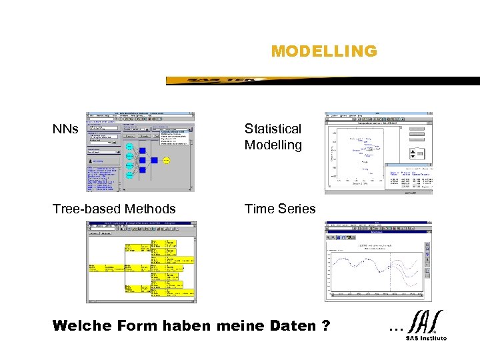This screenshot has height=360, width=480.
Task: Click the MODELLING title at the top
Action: pyautogui.click(x=324, y=51)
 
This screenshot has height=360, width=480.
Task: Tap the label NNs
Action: pyautogui.click(x=65, y=129)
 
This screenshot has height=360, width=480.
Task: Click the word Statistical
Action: pyautogui.click(x=273, y=129)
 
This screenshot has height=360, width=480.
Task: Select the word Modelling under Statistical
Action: pyautogui.click(x=273, y=145)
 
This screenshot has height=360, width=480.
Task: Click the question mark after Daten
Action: pyautogui.click(x=325, y=326)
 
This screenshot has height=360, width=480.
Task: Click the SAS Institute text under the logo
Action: pyautogui.click(x=426, y=338)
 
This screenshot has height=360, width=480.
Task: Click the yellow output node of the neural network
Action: pyautogui.click(x=166, y=160)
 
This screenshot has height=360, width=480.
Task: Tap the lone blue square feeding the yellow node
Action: pyautogui.click(x=153, y=160)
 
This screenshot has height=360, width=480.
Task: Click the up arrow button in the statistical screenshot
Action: pyautogui.click(x=419, y=152)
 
